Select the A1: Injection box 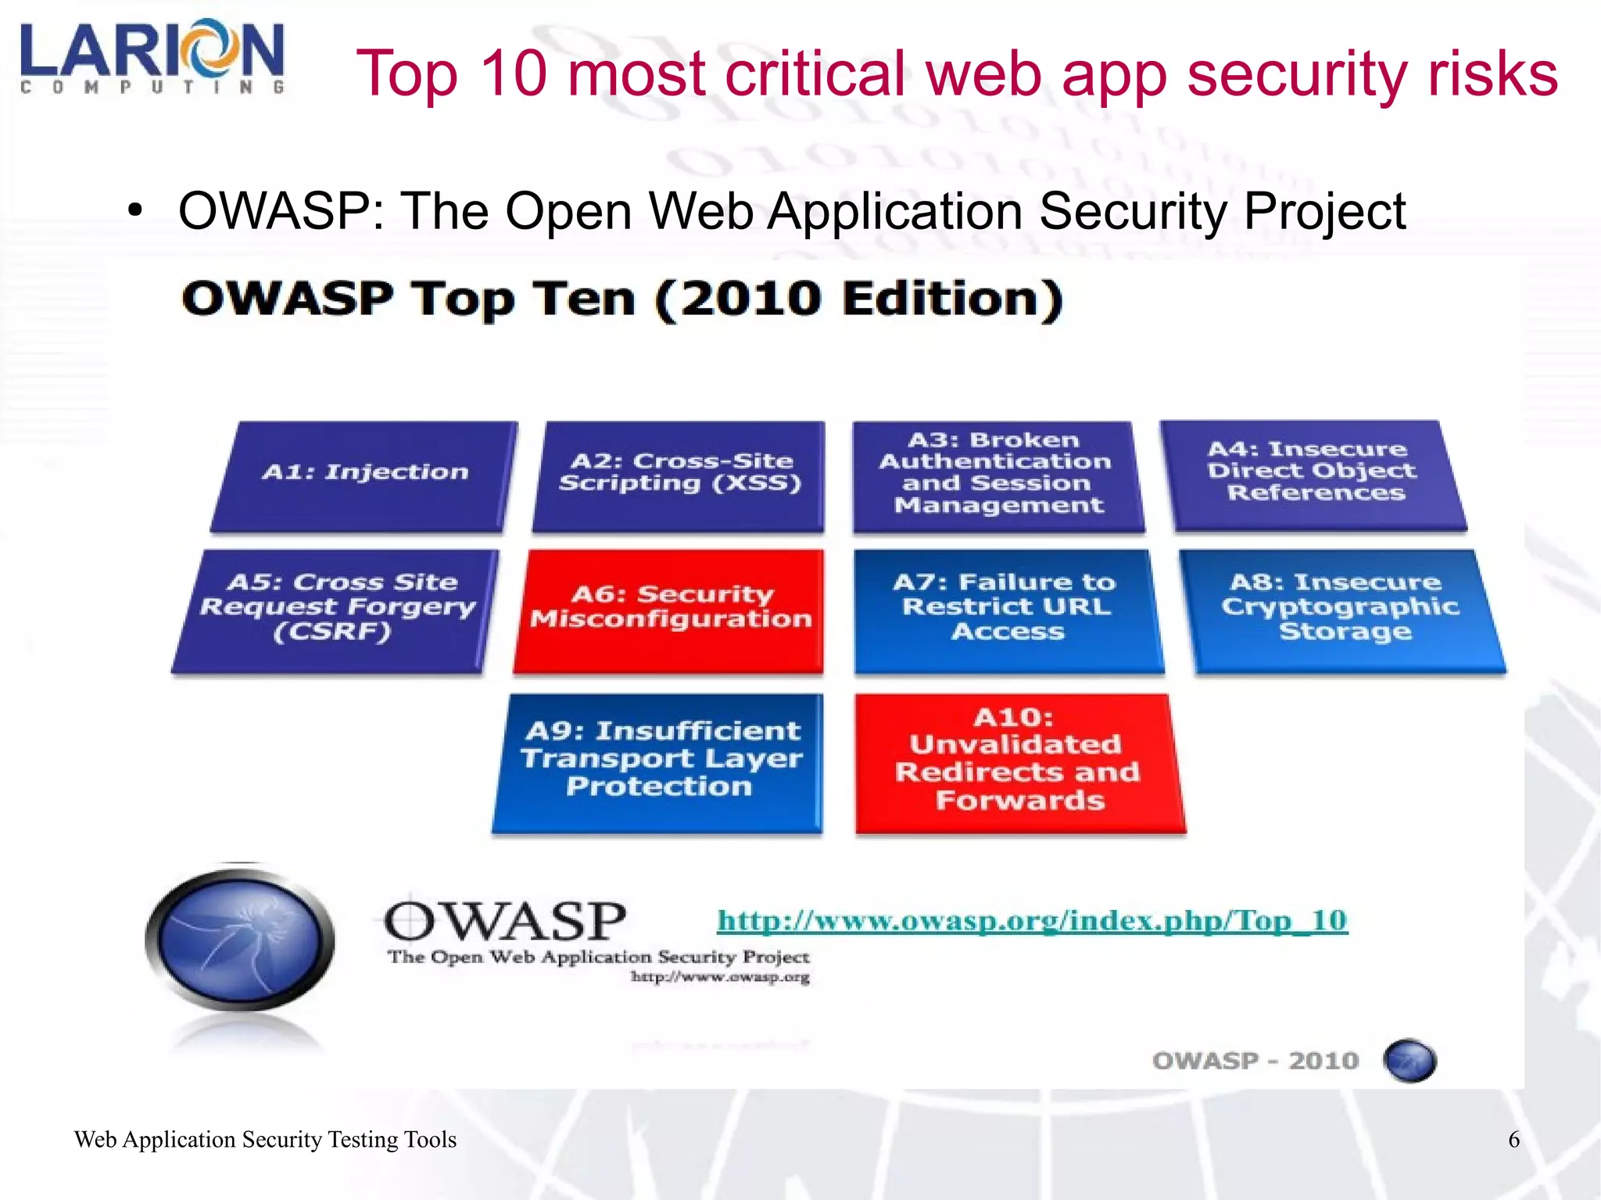[x=364, y=477]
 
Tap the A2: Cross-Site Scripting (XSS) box [x=679, y=477]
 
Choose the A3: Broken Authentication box [x=997, y=477]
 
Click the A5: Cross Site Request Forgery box [x=336, y=611]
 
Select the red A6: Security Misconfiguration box [x=670, y=611]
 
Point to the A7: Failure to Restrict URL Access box [x=1008, y=611]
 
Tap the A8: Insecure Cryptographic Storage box [x=1341, y=611]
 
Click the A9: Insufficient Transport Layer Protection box [x=659, y=762]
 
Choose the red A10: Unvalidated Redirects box [x=1018, y=762]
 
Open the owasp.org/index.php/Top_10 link [x=1032, y=920]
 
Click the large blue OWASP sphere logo [x=240, y=937]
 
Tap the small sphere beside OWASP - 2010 [x=1409, y=1061]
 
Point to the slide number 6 [x=1513, y=1139]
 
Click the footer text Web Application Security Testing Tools [x=265, y=1139]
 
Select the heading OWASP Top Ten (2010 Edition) [x=622, y=299]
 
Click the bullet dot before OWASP [x=136, y=211]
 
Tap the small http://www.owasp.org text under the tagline [x=720, y=977]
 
